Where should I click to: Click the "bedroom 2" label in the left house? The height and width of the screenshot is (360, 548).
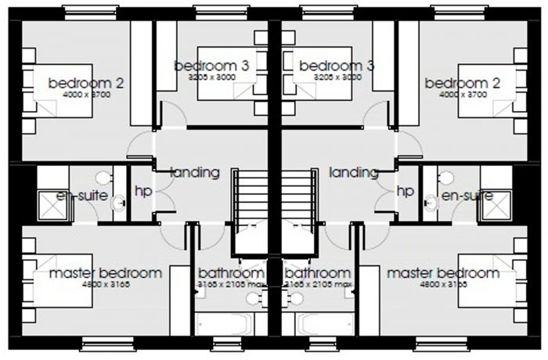coord(86,82)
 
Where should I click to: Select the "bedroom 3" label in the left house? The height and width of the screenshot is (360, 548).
coord(211,67)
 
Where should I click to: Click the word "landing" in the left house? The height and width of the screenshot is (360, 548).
coord(194,172)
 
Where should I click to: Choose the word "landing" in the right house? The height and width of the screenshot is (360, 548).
coord(354,172)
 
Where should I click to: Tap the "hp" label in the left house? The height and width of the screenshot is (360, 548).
coord(142,191)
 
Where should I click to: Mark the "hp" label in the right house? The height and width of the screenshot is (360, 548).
coord(406,191)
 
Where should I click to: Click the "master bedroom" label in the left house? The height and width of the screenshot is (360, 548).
coord(106,273)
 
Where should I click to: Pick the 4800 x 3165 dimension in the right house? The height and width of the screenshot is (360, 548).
coord(442,284)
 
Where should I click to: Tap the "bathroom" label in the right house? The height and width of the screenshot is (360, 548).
coord(318,273)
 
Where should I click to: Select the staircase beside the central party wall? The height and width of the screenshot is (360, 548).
coord(252,196)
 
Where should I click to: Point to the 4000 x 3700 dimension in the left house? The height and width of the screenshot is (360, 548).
coord(86,94)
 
